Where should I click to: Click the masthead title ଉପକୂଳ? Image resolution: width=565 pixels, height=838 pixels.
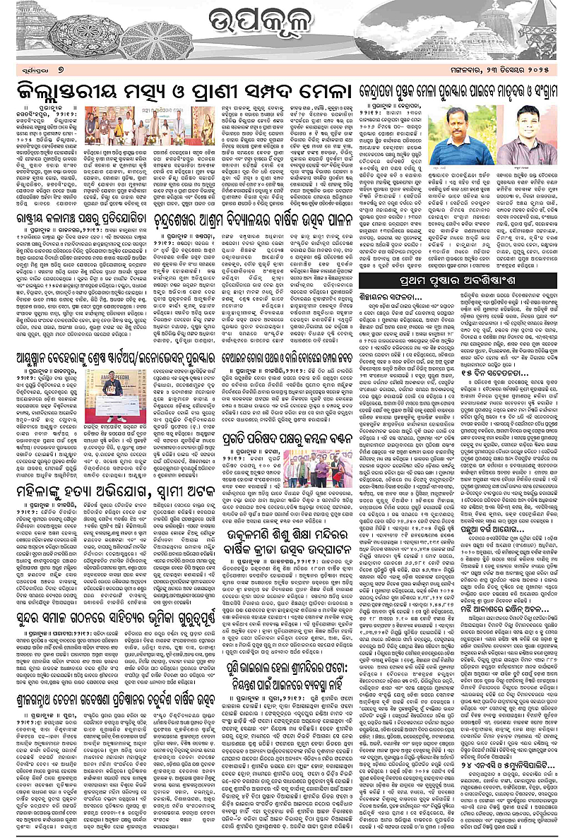(x=282, y=30)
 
